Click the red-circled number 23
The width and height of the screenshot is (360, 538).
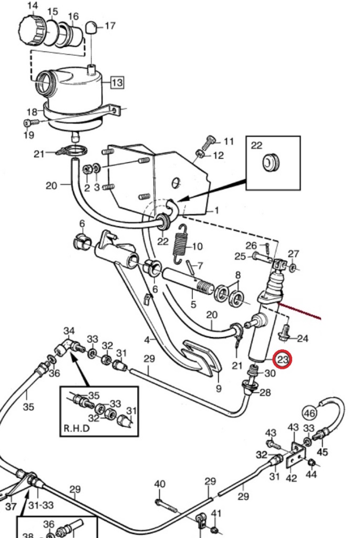(283, 360)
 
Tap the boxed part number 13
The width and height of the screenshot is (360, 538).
(116, 82)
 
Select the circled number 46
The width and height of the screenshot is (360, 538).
(310, 413)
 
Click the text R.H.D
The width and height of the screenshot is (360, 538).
(77, 428)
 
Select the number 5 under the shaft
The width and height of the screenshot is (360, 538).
(193, 304)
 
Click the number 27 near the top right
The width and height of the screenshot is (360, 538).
(293, 254)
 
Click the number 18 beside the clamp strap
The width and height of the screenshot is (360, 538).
(32, 111)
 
